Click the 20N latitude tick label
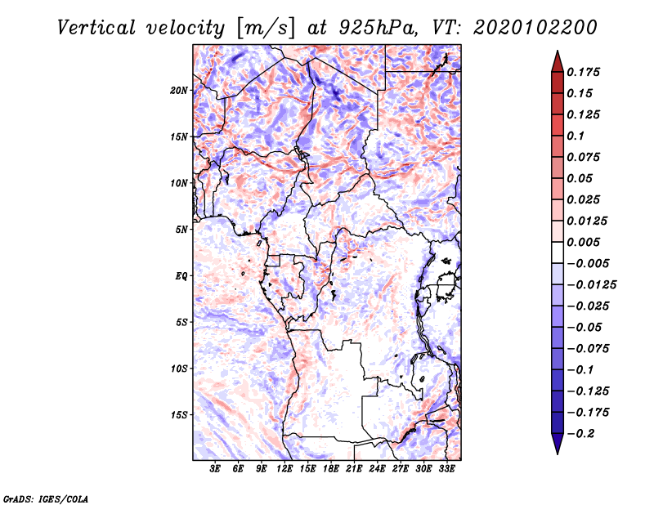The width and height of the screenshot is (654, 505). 179,91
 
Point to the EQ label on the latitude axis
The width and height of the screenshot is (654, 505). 181,276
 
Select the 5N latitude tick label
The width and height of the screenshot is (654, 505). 181,230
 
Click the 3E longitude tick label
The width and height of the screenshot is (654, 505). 215,469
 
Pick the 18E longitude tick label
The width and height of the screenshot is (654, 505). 331,469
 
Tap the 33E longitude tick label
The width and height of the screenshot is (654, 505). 446,469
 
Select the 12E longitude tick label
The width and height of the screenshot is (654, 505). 284,469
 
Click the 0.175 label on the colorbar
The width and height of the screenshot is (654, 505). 583,72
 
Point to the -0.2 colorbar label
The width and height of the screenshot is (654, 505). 580,434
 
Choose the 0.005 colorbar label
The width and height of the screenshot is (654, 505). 583,242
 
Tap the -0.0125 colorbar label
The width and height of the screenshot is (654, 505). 591,285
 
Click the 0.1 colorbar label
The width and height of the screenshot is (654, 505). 576,136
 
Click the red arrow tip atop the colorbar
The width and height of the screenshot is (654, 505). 558,51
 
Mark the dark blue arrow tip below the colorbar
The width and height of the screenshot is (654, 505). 558,454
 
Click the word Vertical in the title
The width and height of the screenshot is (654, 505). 96,28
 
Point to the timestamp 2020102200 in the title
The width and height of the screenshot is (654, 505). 535,28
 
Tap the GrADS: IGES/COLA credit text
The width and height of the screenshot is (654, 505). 46,498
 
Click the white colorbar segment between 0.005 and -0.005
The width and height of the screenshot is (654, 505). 558,252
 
